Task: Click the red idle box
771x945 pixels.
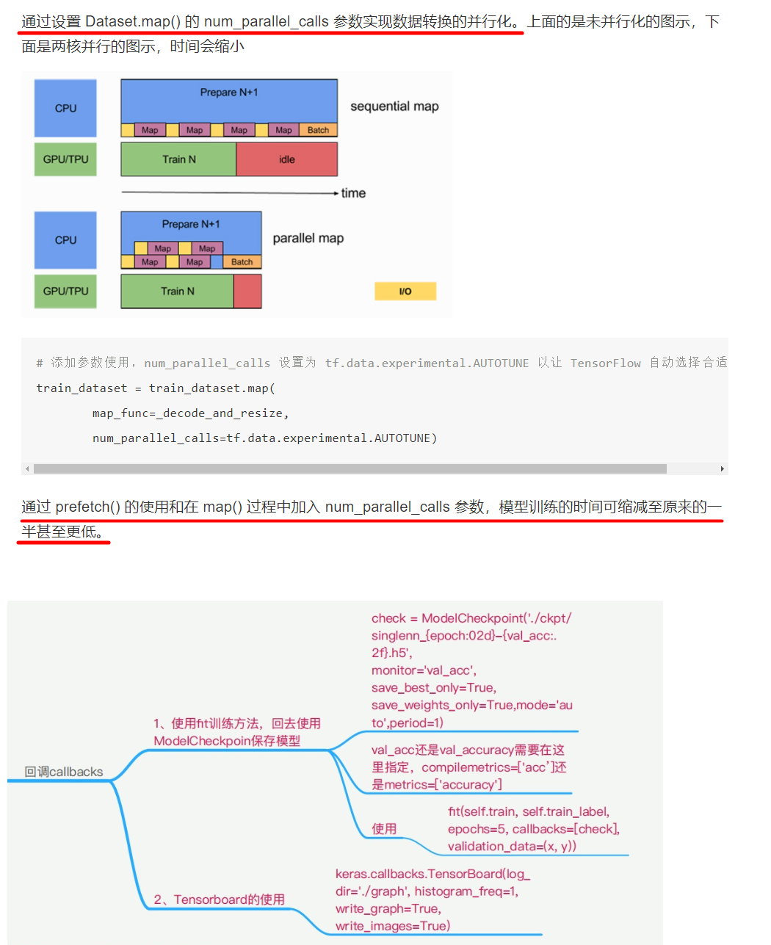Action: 287,159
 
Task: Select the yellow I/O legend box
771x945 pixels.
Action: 405,292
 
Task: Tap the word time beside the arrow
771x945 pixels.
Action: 353,193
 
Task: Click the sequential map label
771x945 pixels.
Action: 394,106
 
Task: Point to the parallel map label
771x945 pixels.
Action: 308,239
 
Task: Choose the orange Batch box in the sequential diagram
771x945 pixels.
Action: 318,130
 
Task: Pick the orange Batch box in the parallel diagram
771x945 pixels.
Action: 242,262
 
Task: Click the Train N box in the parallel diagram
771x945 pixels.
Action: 178,292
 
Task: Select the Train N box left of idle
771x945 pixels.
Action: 179,159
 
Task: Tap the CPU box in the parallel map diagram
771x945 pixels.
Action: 65,240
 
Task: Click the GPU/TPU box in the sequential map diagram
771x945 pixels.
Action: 65,159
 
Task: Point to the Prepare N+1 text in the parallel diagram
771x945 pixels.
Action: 191,224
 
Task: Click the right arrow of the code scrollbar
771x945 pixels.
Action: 723,468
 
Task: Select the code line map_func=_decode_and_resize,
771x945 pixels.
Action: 191,413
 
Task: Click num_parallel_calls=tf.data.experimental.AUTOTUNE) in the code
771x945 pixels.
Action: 264,438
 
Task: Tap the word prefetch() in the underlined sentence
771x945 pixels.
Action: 87,507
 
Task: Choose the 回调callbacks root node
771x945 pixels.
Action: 64,772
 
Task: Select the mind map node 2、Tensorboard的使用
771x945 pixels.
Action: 219,899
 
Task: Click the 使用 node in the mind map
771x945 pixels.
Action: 384,829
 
